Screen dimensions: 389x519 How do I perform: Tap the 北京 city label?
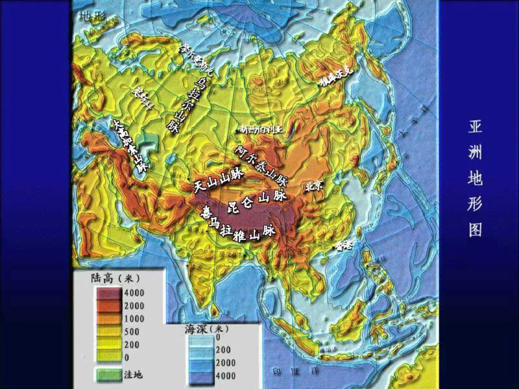pyautogui.click(x=317, y=185)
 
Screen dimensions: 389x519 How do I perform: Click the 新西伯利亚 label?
pyautogui.click(x=262, y=128)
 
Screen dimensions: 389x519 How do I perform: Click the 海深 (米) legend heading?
pyautogui.click(x=203, y=329)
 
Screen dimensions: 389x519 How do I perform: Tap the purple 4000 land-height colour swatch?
pyautogui.click(x=112, y=293)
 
